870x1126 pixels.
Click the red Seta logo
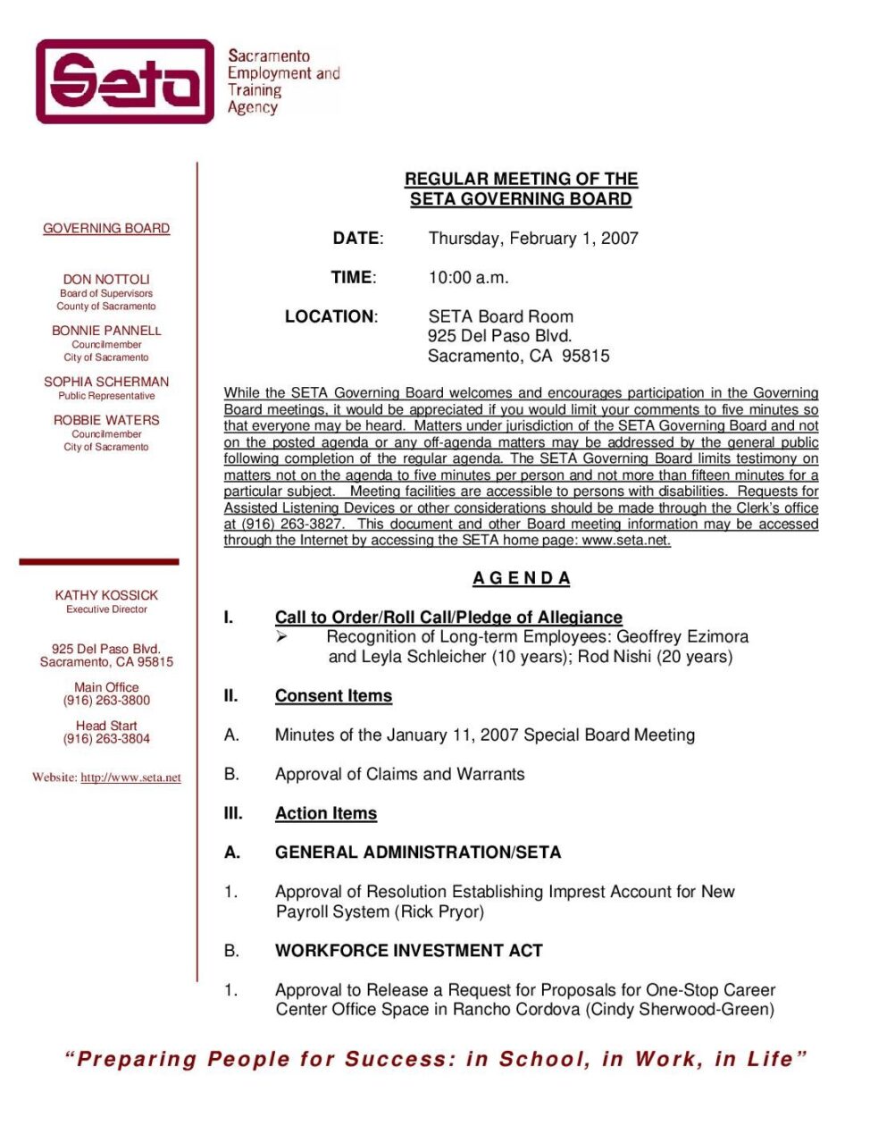pos(125,81)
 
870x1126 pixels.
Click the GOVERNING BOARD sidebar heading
pos(106,229)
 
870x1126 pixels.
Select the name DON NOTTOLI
pos(106,280)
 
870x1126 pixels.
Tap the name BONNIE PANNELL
pos(106,331)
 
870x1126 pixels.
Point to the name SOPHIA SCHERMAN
pos(106,382)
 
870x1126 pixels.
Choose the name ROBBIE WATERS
pos(106,420)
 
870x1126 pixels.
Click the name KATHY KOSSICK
pos(106,595)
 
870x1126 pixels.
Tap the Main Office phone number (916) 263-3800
pos(106,701)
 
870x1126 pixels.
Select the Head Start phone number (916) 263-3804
pos(106,739)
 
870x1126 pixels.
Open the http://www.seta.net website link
pos(130,777)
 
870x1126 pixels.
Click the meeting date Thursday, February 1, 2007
pos(533,239)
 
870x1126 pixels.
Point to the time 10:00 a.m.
pos(468,278)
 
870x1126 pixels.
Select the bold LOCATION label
pos(330,316)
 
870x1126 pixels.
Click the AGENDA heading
pos(522,578)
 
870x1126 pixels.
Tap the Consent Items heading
pos(333,696)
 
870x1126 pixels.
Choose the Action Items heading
pos(326,814)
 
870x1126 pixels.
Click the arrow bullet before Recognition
pos(281,637)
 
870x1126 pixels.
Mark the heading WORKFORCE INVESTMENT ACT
pos(409,951)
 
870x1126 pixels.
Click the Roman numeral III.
pos(233,814)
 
